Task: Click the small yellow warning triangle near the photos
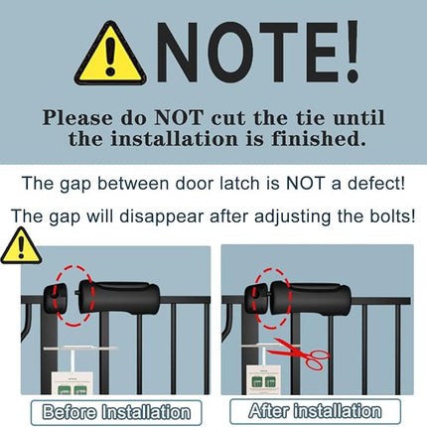[19, 246]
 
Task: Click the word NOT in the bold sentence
[183, 116]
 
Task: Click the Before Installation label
[115, 410]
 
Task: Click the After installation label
[315, 409]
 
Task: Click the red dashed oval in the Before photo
[71, 294]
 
